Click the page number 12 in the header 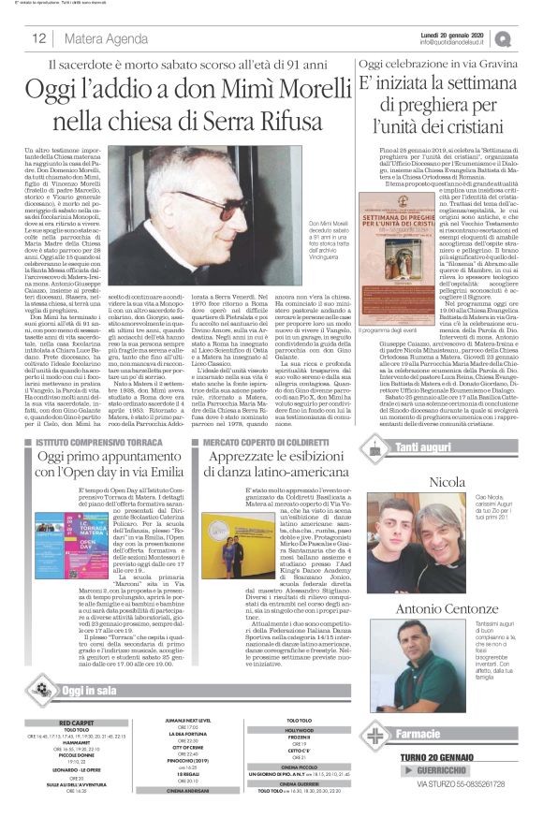39,38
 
